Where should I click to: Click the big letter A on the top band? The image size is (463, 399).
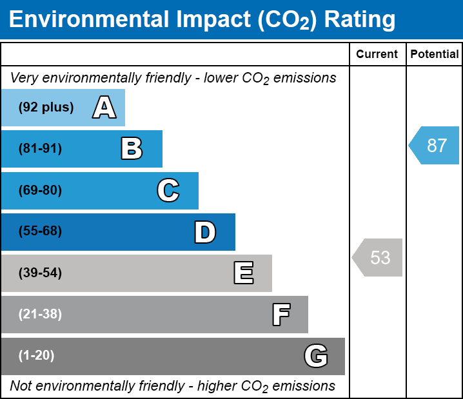point(104,108)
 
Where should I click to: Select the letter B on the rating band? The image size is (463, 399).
point(132,149)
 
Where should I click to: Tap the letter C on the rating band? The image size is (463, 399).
point(168,191)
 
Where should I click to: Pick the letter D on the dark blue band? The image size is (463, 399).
point(205,232)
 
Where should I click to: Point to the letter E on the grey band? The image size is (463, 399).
point(243,273)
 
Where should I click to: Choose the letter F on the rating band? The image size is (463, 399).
point(281,315)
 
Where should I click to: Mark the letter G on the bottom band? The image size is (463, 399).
point(316,356)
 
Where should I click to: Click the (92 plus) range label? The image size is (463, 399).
point(46,108)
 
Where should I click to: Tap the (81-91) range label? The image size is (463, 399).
point(40,149)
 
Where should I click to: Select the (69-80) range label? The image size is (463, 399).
point(40,191)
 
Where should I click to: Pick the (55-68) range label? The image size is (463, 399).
point(40,231)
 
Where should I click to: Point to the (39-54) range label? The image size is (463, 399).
point(40,273)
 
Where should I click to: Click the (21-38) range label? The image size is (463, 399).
point(40,315)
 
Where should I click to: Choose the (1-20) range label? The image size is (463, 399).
point(37,356)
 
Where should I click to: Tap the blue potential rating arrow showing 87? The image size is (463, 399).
point(435,146)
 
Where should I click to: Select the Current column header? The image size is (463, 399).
point(377,55)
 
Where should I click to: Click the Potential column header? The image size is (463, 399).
point(435,55)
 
